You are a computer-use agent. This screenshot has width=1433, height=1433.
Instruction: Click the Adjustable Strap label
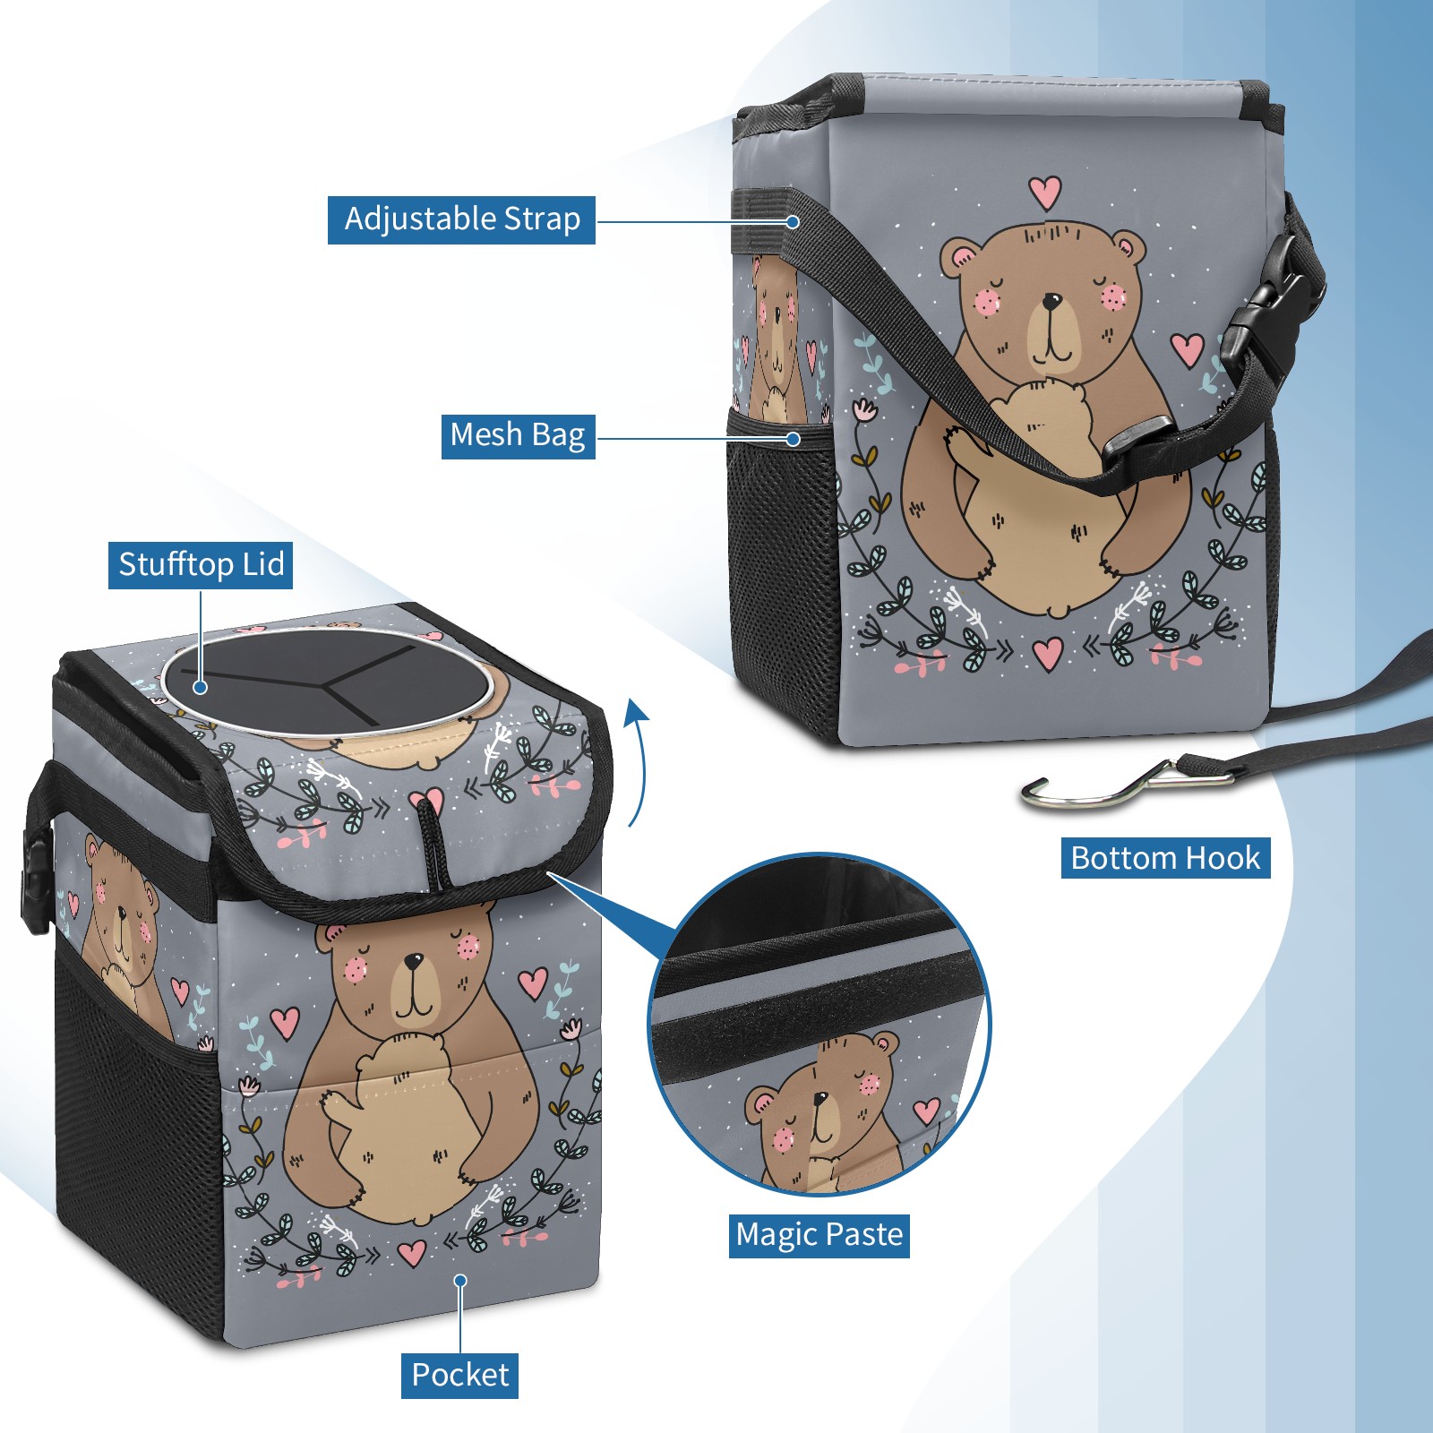[x=461, y=219]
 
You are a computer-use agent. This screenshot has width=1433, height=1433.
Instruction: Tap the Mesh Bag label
[x=518, y=435]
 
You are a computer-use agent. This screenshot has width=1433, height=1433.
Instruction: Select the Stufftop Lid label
[x=201, y=565]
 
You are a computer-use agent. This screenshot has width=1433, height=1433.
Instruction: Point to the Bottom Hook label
[x=1165, y=858]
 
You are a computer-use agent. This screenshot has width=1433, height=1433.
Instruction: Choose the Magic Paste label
[x=819, y=1235]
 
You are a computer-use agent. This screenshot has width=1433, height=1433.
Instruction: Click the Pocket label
[x=459, y=1375]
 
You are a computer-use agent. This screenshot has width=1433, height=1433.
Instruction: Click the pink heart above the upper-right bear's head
[x=1044, y=191]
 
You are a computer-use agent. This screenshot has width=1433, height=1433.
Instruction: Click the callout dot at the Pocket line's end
[x=460, y=1281]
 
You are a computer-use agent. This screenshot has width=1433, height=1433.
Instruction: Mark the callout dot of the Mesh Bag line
[x=793, y=439]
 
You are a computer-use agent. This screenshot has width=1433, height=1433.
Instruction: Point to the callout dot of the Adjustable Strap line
[x=793, y=221]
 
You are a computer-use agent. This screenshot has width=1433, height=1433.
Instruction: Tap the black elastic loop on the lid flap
[x=433, y=842]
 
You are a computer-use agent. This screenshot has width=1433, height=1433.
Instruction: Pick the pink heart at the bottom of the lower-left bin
[x=412, y=1251]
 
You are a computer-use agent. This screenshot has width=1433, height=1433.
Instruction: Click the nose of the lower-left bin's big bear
[x=413, y=961]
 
